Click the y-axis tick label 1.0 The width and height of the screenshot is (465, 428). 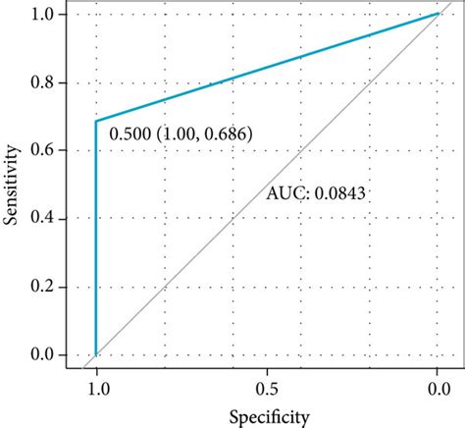(44, 15)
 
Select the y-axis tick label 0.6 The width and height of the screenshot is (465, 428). (44, 150)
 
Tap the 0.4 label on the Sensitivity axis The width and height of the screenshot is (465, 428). (44, 218)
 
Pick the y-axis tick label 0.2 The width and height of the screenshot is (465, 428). (44, 287)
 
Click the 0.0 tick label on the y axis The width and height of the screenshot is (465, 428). (44, 354)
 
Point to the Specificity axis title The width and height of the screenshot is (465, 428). (266, 415)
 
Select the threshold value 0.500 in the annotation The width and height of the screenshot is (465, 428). (129, 134)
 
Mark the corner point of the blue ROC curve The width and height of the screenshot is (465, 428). (96, 121)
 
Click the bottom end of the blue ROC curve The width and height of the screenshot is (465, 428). (96, 353)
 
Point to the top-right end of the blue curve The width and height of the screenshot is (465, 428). (438, 14)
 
